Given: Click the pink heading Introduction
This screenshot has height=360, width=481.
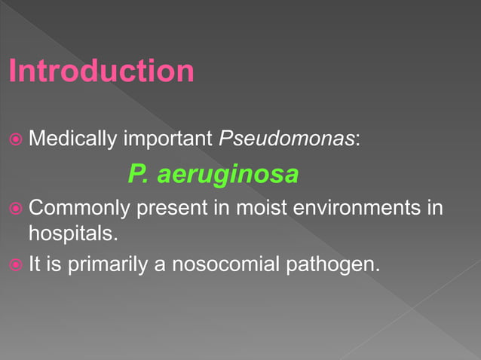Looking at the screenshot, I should pos(102,72).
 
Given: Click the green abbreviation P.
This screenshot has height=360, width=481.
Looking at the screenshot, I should pos(136,175).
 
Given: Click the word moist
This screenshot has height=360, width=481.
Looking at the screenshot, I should pos(258,208).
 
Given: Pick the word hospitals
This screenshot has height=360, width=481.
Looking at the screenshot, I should pos(73,233).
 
